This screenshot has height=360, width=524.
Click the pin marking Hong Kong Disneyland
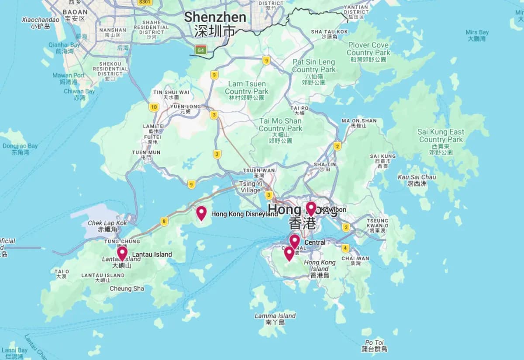point(201,213)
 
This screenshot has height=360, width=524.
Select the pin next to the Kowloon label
point(310,208)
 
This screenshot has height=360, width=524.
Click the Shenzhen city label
point(215,17)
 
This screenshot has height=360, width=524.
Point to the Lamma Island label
point(275,315)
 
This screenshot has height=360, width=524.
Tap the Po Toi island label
point(374,343)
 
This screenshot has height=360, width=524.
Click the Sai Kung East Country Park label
point(441,135)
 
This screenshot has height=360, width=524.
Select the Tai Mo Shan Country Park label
point(280,125)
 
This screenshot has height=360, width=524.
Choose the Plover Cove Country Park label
point(369,48)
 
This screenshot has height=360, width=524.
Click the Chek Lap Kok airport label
point(107,223)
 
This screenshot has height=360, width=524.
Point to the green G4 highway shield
point(201,49)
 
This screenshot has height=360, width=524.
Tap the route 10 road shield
point(153,107)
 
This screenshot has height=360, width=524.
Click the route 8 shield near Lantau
point(164,222)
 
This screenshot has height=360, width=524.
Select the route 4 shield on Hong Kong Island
point(345,249)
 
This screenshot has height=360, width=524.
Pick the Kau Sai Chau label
point(417,177)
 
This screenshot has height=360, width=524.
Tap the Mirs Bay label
point(477,32)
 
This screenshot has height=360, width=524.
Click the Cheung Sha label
point(127,288)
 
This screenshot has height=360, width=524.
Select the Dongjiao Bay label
point(20,146)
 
